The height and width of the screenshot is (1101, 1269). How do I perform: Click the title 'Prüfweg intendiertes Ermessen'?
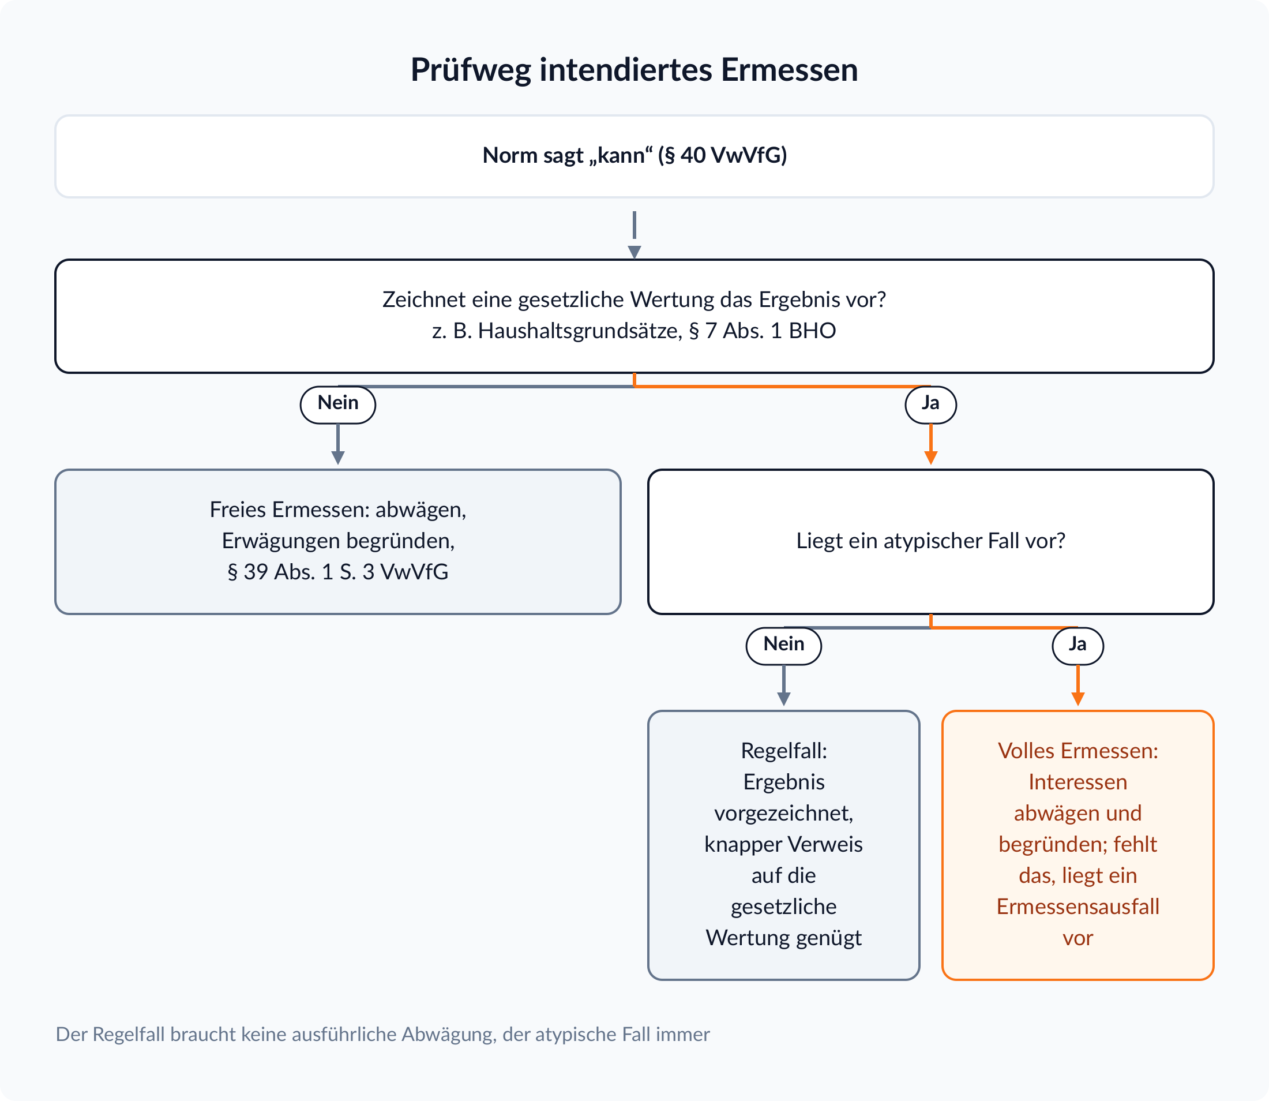click(634, 69)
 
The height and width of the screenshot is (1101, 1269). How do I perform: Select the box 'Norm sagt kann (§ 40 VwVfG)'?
click(634, 156)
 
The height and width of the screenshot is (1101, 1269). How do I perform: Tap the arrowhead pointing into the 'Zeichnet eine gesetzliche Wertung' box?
click(634, 253)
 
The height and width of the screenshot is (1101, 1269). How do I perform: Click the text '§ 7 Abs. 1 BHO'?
click(762, 331)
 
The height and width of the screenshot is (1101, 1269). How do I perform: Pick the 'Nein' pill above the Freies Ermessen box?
click(338, 405)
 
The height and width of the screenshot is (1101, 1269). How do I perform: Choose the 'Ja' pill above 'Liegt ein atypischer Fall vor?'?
click(930, 405)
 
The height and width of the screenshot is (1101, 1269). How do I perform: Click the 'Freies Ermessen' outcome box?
click(338, 541)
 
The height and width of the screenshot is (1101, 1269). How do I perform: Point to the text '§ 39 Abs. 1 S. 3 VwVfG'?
click(338, 571)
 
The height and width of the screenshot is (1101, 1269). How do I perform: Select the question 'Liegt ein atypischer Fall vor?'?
click(930, 541)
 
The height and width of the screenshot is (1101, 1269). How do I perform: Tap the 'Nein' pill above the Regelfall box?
click(784, 645)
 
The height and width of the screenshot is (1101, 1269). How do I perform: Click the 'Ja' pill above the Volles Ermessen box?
click(1078, 645)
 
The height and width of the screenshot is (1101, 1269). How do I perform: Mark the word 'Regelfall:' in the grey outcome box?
click(784, 751)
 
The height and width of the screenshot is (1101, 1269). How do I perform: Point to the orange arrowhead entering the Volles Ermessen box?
click(1078, 699)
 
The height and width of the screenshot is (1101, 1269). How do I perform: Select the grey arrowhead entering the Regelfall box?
click(784, 699)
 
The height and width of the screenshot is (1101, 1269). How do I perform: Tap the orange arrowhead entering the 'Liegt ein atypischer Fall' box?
click(930, 458)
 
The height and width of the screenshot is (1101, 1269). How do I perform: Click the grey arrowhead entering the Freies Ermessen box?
click(338, 458)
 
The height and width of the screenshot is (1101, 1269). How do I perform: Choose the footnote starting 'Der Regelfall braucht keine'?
click(382, 1035)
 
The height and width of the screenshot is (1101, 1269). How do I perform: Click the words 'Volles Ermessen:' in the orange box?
click(1078, 751)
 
